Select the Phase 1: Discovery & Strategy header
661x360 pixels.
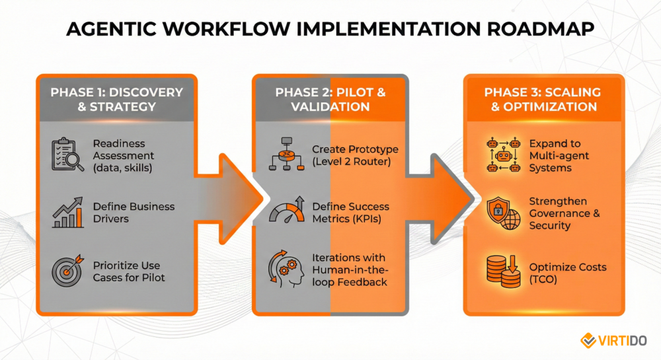pos(116,98)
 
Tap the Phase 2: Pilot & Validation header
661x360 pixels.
pos(330,98)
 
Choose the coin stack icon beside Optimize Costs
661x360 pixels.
pos(502,271)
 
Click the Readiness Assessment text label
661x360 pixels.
pos(123,156)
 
